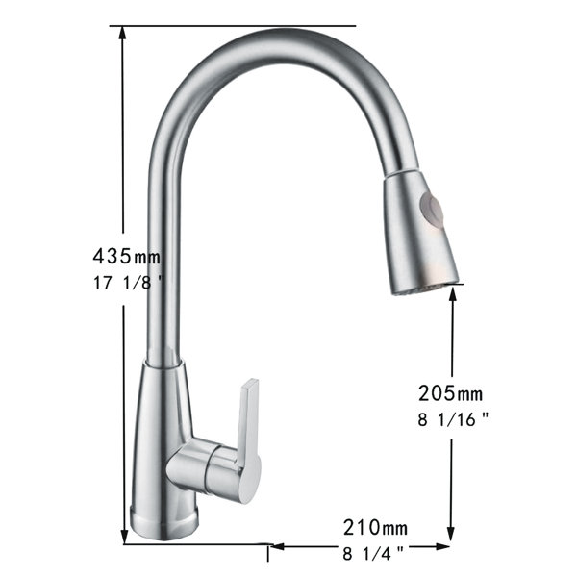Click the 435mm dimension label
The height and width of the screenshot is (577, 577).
(x=127, y=256)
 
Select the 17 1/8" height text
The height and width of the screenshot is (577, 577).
(x=127, y=283)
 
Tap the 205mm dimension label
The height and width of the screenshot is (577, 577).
(x=450, y=393)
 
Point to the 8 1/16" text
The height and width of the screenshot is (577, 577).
(x=453, y=419)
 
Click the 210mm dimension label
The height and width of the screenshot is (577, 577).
(x=375, y=527)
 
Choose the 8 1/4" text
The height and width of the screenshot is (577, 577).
(x=373, y=553)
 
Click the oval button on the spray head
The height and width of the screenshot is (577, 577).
(x=431, y=214)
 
